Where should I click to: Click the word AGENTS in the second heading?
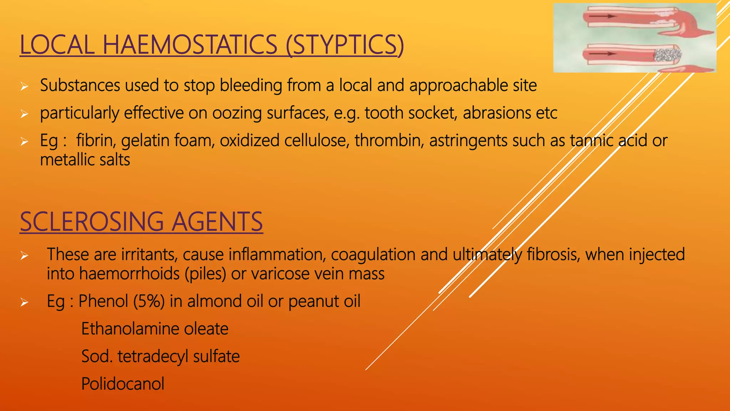[x=217, y=222]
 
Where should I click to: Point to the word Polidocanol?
[x=123, y=384]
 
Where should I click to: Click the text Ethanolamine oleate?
[x=155, y=329]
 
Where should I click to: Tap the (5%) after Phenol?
[x=149, y=301]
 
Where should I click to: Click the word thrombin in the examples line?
[x=389, y=140]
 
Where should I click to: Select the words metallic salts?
[x=85, y=160]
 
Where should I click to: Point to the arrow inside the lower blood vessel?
[x=602, y=54]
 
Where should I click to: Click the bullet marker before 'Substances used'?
[x=24, y=86]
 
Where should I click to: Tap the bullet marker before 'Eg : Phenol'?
[x=24, y=303]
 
